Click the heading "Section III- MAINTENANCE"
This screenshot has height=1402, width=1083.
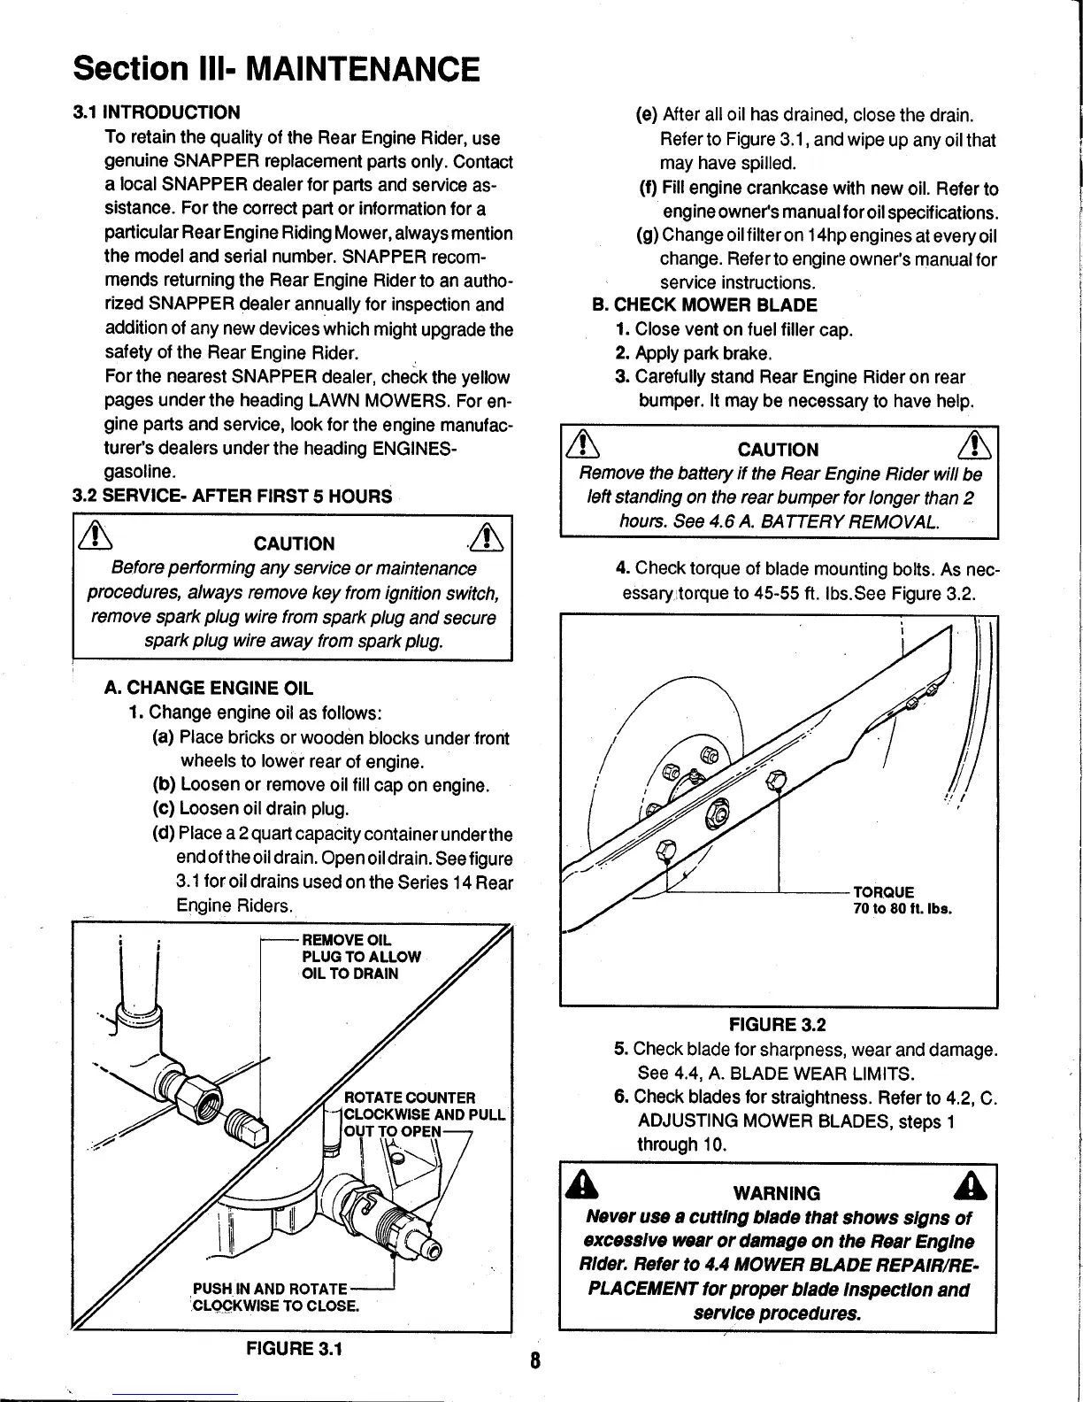point(277,68)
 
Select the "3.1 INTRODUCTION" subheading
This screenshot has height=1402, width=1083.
point(157,112)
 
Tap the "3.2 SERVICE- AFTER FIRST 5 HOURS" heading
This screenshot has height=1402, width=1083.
point(233,496)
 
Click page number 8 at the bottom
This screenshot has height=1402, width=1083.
point(535,1360)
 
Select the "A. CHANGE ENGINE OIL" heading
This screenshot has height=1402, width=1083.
point(209,688)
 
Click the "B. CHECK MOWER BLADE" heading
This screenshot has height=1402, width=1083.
point(704,306)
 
